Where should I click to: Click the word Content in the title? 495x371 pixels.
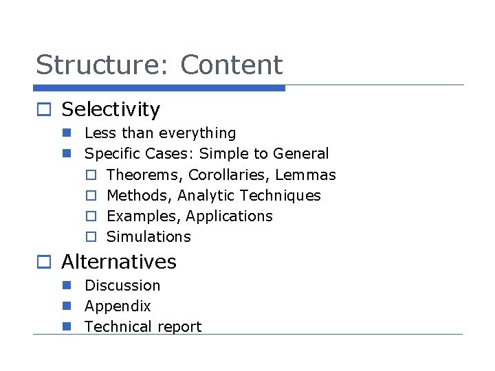pyautogui.click(x=232, y=65)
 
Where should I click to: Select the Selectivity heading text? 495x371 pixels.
pyautogui.click(x=111, y=109)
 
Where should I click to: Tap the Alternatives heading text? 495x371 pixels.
pyautogui.click(x=119, y=262)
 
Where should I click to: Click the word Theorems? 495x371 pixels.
pyautogui.click(x=144, y=175)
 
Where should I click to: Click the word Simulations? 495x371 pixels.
pyautogui.click(x=148, y=236)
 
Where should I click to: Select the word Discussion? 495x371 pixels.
pyautogui.click(x=122, y=285)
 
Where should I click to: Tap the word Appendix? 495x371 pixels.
pyautogui.click(x=118, y=306)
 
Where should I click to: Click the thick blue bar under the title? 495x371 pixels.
pyautogui.click(x=159, y=88)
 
